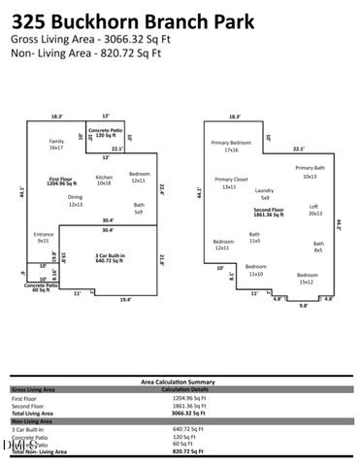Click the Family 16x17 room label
click(56, 145)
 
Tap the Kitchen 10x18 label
click(104, 180)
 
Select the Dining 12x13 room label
click(75, 201)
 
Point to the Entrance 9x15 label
click(43, 237)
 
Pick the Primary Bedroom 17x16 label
click(231, 147)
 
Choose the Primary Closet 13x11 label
click(231, 183)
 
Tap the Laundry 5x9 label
click(264, 194)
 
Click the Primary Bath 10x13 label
click(310, 172)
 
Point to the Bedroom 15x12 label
click(306, 280)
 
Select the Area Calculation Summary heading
click(180, 383)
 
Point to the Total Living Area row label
click(33, 414)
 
